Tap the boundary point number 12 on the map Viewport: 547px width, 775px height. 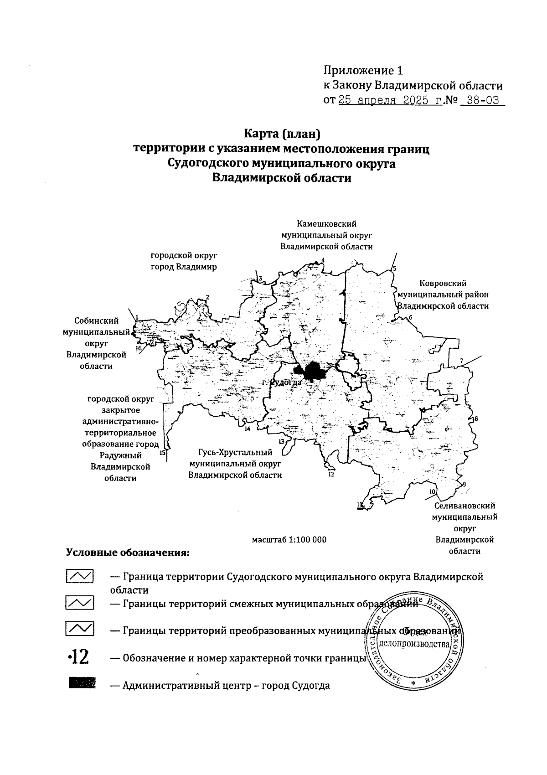(331, 474)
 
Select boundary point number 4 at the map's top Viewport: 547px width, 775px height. (323, 261)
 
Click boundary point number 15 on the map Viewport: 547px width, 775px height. (162, 453)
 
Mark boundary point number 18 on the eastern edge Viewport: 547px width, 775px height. (476, 419)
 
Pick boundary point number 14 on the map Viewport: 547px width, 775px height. (248, 429)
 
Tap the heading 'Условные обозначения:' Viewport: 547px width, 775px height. (127, 553)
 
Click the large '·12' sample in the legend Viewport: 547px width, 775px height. (78, 658)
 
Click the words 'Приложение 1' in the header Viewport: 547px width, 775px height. (363, 71)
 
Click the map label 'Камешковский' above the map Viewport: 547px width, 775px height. (326, 224)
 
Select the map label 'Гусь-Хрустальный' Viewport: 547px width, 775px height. (235, 452)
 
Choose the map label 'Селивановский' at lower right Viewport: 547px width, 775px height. (464, 506)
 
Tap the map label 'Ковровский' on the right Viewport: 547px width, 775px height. (444, 283)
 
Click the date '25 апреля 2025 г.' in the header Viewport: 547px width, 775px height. (390, 100)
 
